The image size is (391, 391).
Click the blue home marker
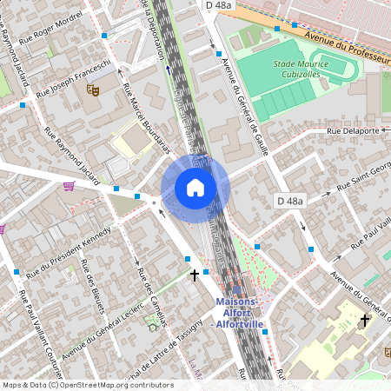pos(195,188)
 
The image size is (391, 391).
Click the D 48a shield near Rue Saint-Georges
pos(291,202)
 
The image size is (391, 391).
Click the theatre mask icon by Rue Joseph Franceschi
pos(93,89)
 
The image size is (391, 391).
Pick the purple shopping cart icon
pos(69,185)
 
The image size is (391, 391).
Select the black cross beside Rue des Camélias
pos(195,275)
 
